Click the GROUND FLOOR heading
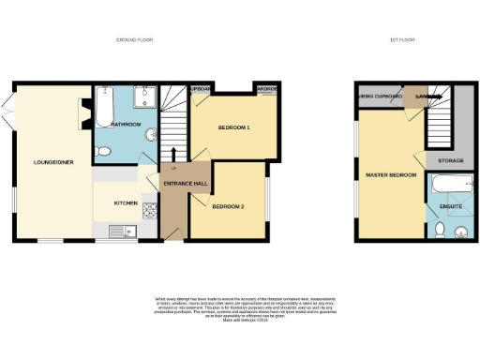[134, 40]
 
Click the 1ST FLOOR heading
[398, 40]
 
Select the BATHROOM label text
[126, 125]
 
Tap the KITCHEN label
[127, 202]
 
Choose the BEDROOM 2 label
[227, 206]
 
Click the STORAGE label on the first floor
[450, 161]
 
